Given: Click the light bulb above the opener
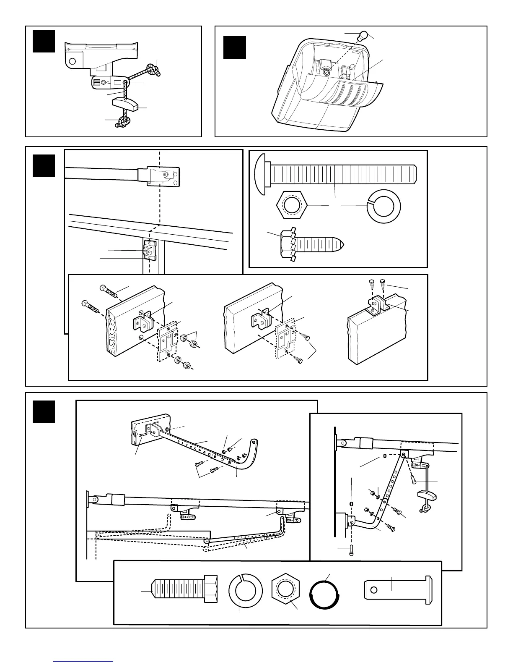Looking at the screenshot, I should point(360,36).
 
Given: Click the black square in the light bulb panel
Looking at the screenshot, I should point(234,47).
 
